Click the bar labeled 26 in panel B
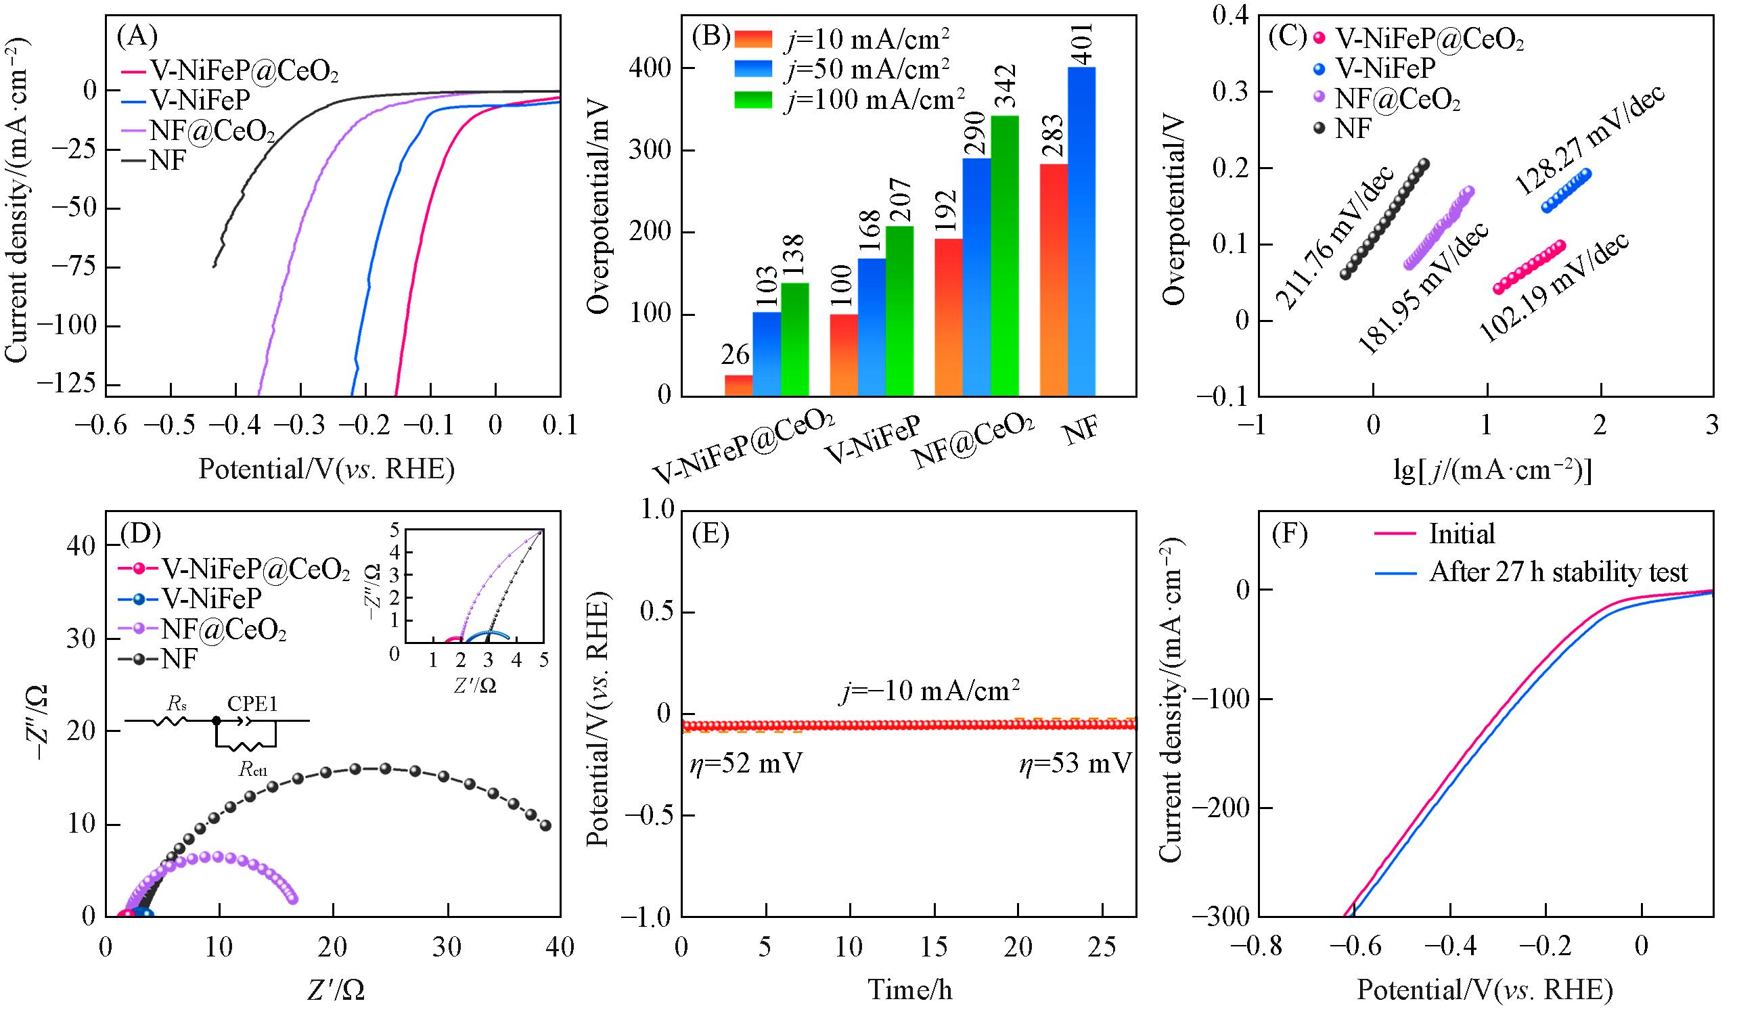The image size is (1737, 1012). click(738, 385)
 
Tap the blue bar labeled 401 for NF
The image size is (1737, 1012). click(1081, 231)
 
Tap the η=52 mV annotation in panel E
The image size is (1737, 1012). click(746, 764)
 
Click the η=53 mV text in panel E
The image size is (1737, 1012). click(1076, 764)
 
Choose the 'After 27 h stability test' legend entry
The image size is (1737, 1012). click(1558, 572)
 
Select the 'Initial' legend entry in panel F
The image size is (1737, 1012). click(1462, 534)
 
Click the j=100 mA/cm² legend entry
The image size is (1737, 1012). click(875, 101)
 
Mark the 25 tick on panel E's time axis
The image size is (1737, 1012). click(1102, 948)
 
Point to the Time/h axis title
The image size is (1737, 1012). click(910, 990)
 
